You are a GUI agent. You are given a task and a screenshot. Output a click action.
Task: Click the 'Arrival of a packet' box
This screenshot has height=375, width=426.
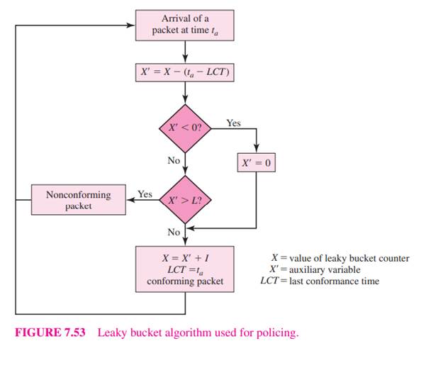185,24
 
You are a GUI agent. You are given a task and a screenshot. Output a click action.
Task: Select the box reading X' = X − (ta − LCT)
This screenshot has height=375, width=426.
185,73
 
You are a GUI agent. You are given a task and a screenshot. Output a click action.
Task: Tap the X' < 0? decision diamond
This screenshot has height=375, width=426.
185,128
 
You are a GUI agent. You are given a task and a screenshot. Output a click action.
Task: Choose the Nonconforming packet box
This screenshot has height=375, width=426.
78,200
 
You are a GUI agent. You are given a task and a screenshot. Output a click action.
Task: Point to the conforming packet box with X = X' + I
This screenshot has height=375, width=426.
185,267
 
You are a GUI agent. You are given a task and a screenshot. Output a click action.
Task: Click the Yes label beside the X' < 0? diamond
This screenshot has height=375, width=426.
233,123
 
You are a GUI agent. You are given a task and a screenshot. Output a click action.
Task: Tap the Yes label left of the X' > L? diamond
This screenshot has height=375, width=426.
145,194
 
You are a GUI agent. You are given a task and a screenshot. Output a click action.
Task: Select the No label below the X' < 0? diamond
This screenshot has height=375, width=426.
174,160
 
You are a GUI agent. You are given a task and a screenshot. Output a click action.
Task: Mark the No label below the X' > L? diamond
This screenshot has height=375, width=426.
174,232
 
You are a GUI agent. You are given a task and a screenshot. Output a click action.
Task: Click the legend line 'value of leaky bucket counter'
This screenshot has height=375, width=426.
340,258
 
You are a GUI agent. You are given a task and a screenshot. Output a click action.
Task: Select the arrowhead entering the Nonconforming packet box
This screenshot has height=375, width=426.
130,200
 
